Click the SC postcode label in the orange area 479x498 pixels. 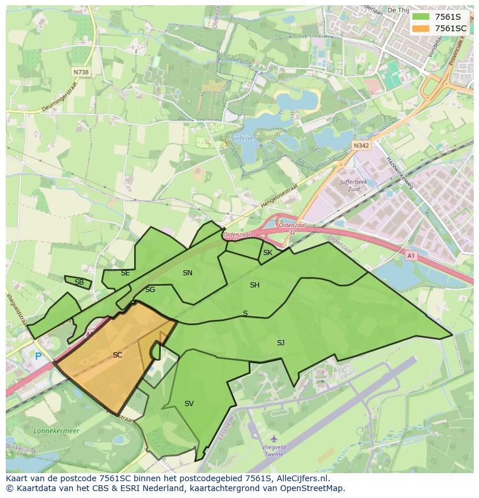tap(117, 355)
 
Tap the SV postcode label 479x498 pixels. tap(189, 404)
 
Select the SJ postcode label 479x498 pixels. tap(281, 343)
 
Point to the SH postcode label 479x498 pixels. tap(255, 285)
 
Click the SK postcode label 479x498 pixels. tap(267, 253)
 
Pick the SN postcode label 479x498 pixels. tap(187, 273)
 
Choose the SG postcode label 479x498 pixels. tap(150, 290)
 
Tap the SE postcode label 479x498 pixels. tap(126, 273)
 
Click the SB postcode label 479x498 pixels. tap(79, 282)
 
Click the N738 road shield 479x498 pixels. tap(82, 72)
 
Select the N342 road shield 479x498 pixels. tap(361, 146)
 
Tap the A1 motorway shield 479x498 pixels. tap(411, 256)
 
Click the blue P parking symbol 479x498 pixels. tap(38, 357)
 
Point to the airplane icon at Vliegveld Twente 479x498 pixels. tap(274, 439)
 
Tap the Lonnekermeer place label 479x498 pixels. tap(40, 431)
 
